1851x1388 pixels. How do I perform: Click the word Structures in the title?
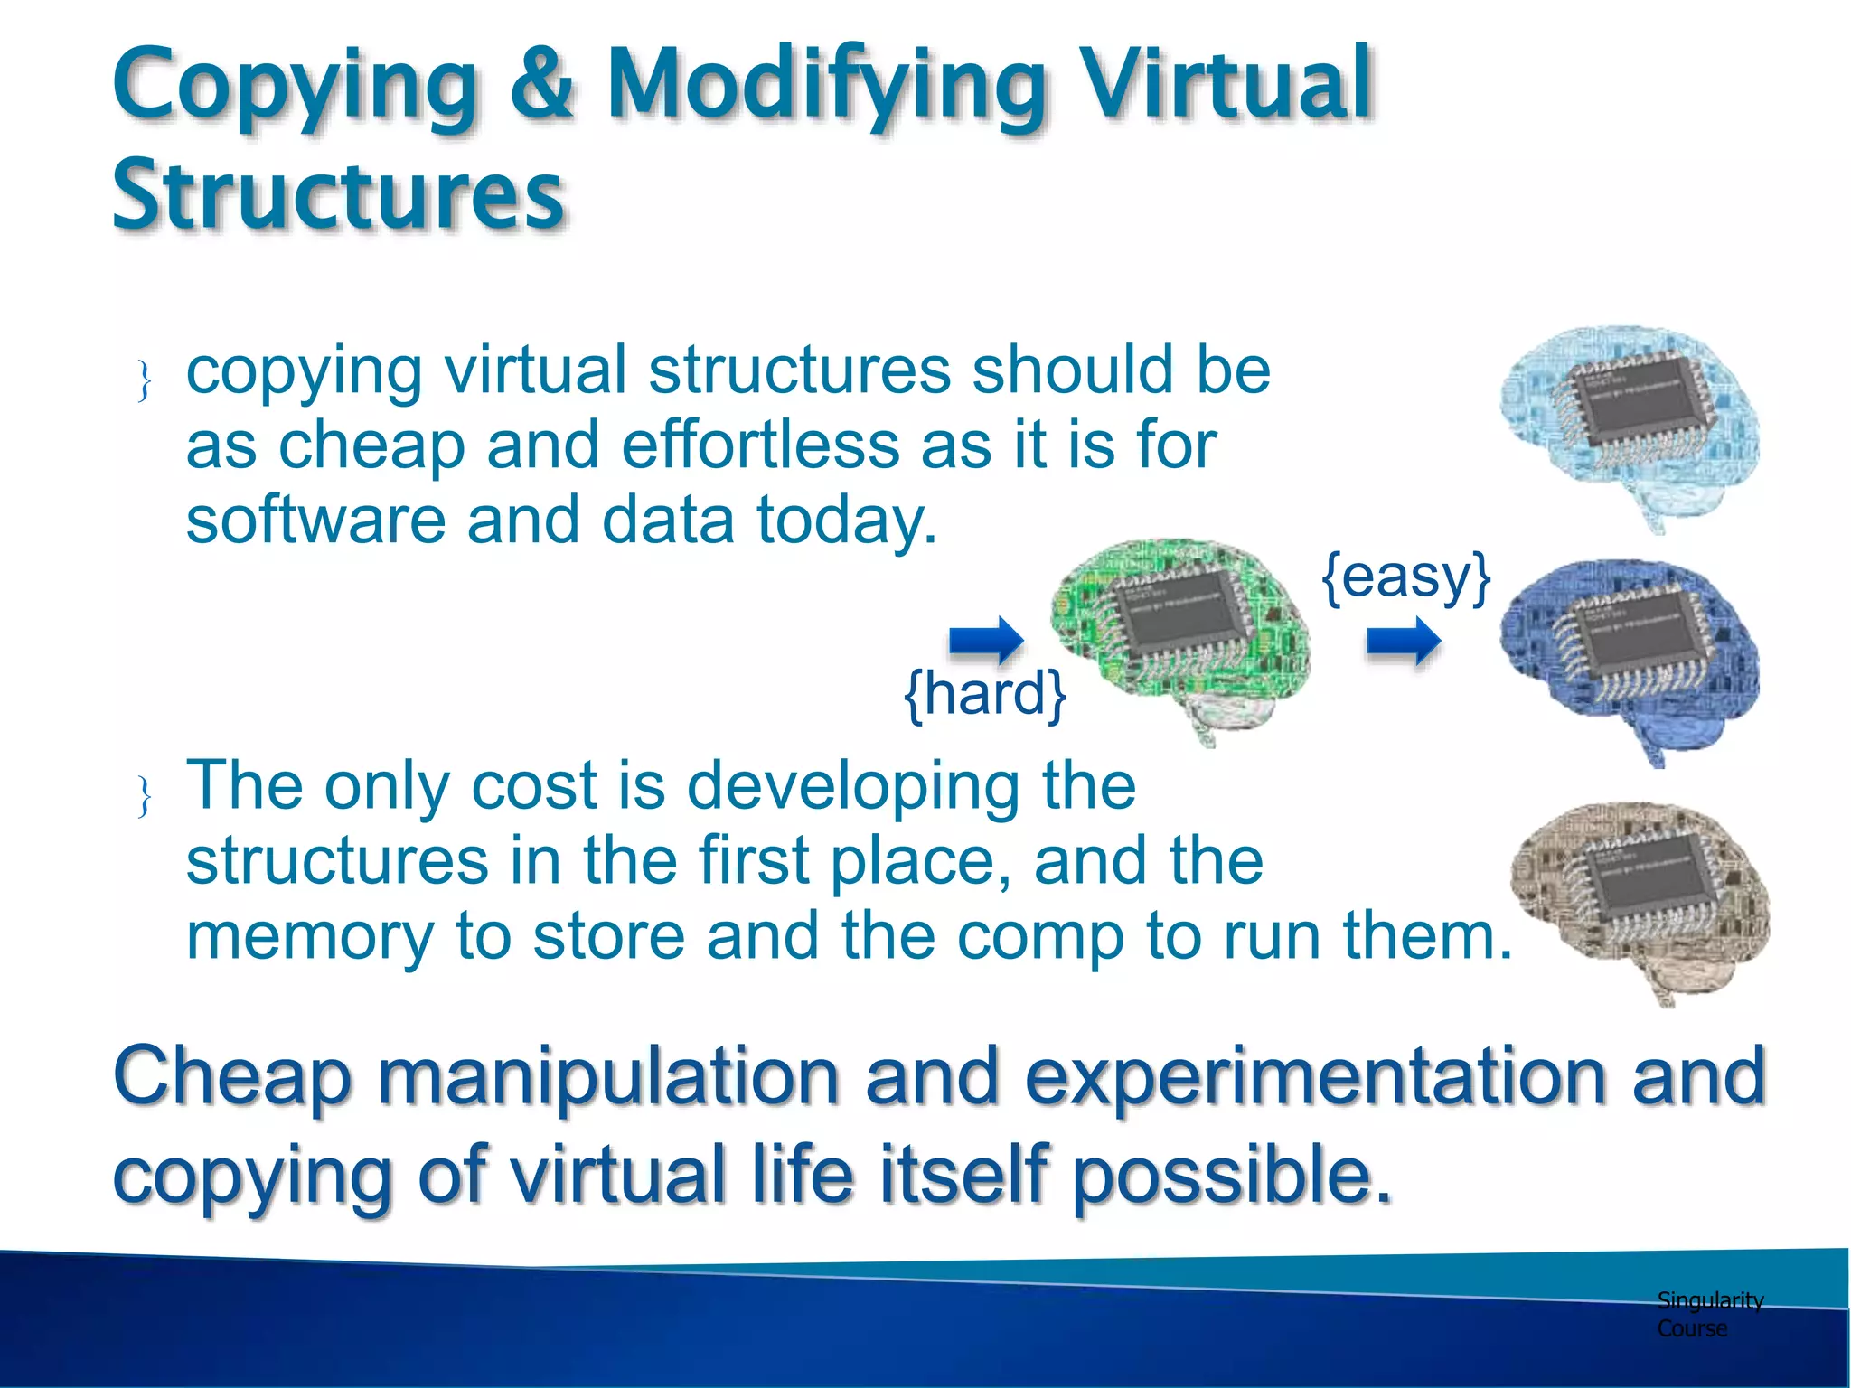[x=339, y=194]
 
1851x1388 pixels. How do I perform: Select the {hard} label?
[x=985, y=694]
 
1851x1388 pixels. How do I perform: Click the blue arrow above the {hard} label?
[x=985, y=641]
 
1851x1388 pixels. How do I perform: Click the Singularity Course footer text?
[x=1708, y=1314]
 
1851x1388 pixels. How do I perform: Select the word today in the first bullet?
[x=846, y=521]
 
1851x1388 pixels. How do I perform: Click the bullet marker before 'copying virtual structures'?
[x=144, y=380]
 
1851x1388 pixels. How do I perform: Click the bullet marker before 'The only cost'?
[x=144, y=796]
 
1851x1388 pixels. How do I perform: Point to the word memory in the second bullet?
[x=310, y=936]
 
